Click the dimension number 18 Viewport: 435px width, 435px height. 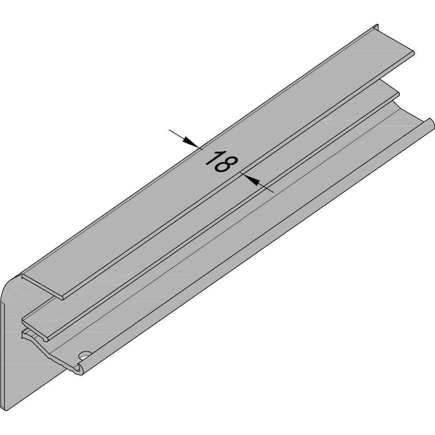click(x=220, y=163)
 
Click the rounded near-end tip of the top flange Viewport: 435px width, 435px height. click(x=62, y=296)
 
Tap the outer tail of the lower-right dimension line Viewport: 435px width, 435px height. click(x=272, y=192)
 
